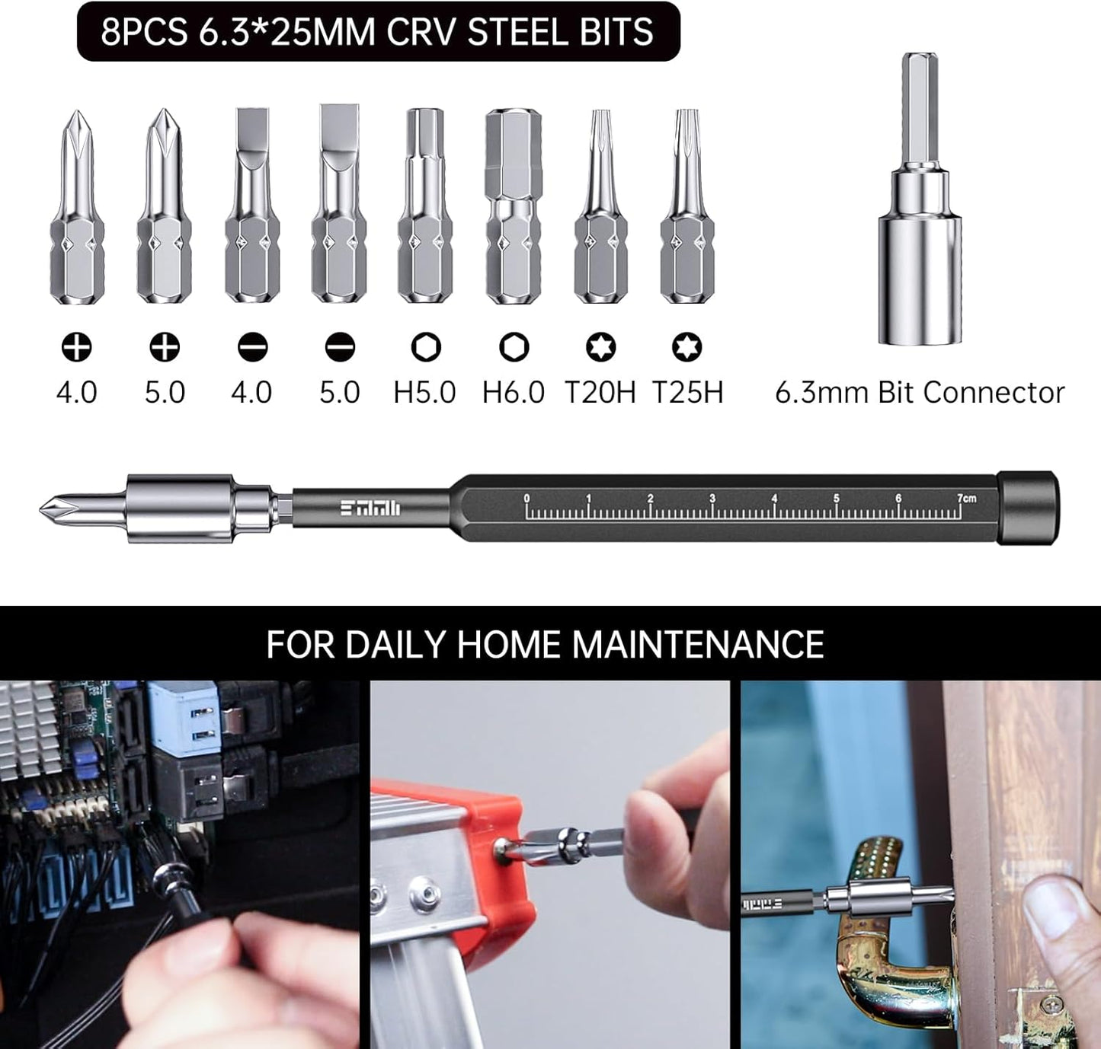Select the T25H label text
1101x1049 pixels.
687,392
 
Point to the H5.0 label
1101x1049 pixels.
424,392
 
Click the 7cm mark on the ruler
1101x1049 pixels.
965,499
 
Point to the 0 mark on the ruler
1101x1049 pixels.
526,499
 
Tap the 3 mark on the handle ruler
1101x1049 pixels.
712,499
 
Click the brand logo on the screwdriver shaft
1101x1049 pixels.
370,509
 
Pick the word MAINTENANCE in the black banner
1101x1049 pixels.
697,644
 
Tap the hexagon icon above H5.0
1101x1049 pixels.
425,347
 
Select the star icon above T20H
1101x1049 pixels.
600,347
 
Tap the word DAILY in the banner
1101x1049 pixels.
396,644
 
